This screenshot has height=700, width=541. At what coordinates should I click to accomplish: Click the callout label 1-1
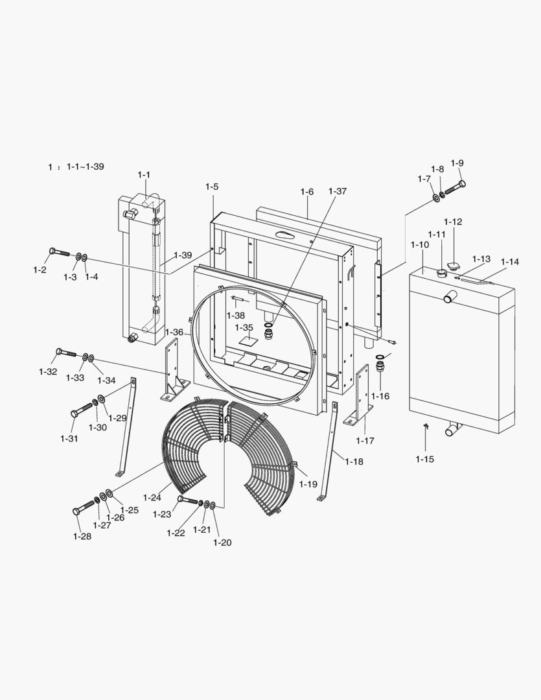point(144,175)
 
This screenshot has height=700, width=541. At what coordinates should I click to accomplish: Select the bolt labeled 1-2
point(60,252)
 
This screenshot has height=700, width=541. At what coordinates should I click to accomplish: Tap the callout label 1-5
point(212,187)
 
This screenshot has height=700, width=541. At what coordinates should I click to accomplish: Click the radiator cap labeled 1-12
point(454,266)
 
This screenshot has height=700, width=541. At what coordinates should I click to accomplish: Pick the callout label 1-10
point(420,244)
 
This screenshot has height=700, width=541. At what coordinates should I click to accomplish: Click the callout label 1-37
point(338,191)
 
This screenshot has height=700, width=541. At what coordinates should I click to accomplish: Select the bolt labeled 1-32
point(66,353)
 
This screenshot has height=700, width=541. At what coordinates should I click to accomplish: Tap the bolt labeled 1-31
point(81,410)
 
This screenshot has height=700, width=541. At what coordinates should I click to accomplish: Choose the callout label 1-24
point(152,497)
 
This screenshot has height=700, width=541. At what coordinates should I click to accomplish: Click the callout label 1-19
point(308,484)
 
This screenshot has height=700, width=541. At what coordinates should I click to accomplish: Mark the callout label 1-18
point(354,461)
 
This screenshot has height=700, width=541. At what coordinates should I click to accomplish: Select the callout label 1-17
point(365,441)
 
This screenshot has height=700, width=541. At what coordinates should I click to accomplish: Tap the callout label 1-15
point(424,459)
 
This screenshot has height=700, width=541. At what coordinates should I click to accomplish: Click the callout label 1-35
point(244,328)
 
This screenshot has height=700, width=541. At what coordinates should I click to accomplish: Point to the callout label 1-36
point(174,332)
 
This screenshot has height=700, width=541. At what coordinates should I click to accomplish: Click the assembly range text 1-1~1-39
point(86,167)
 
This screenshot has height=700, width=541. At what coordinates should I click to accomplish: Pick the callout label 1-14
point(510,262)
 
